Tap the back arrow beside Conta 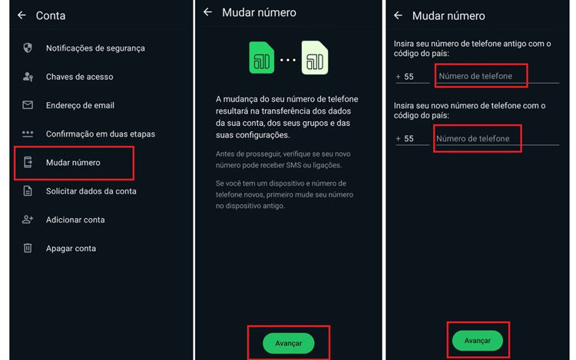(22, 15)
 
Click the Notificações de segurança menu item (95, 48)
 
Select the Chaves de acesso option (79, 77)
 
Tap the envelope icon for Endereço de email (28, 105)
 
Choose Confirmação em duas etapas (100, 134)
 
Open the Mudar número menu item (73, 163)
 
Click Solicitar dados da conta (91, 191)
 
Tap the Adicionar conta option (74, 220)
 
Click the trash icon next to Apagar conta (28, 248)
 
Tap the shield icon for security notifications (28, 48)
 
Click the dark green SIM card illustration (262, 58)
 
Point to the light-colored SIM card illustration (315, 58)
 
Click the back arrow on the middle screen (207, 12)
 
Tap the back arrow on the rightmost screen (398, 15)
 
